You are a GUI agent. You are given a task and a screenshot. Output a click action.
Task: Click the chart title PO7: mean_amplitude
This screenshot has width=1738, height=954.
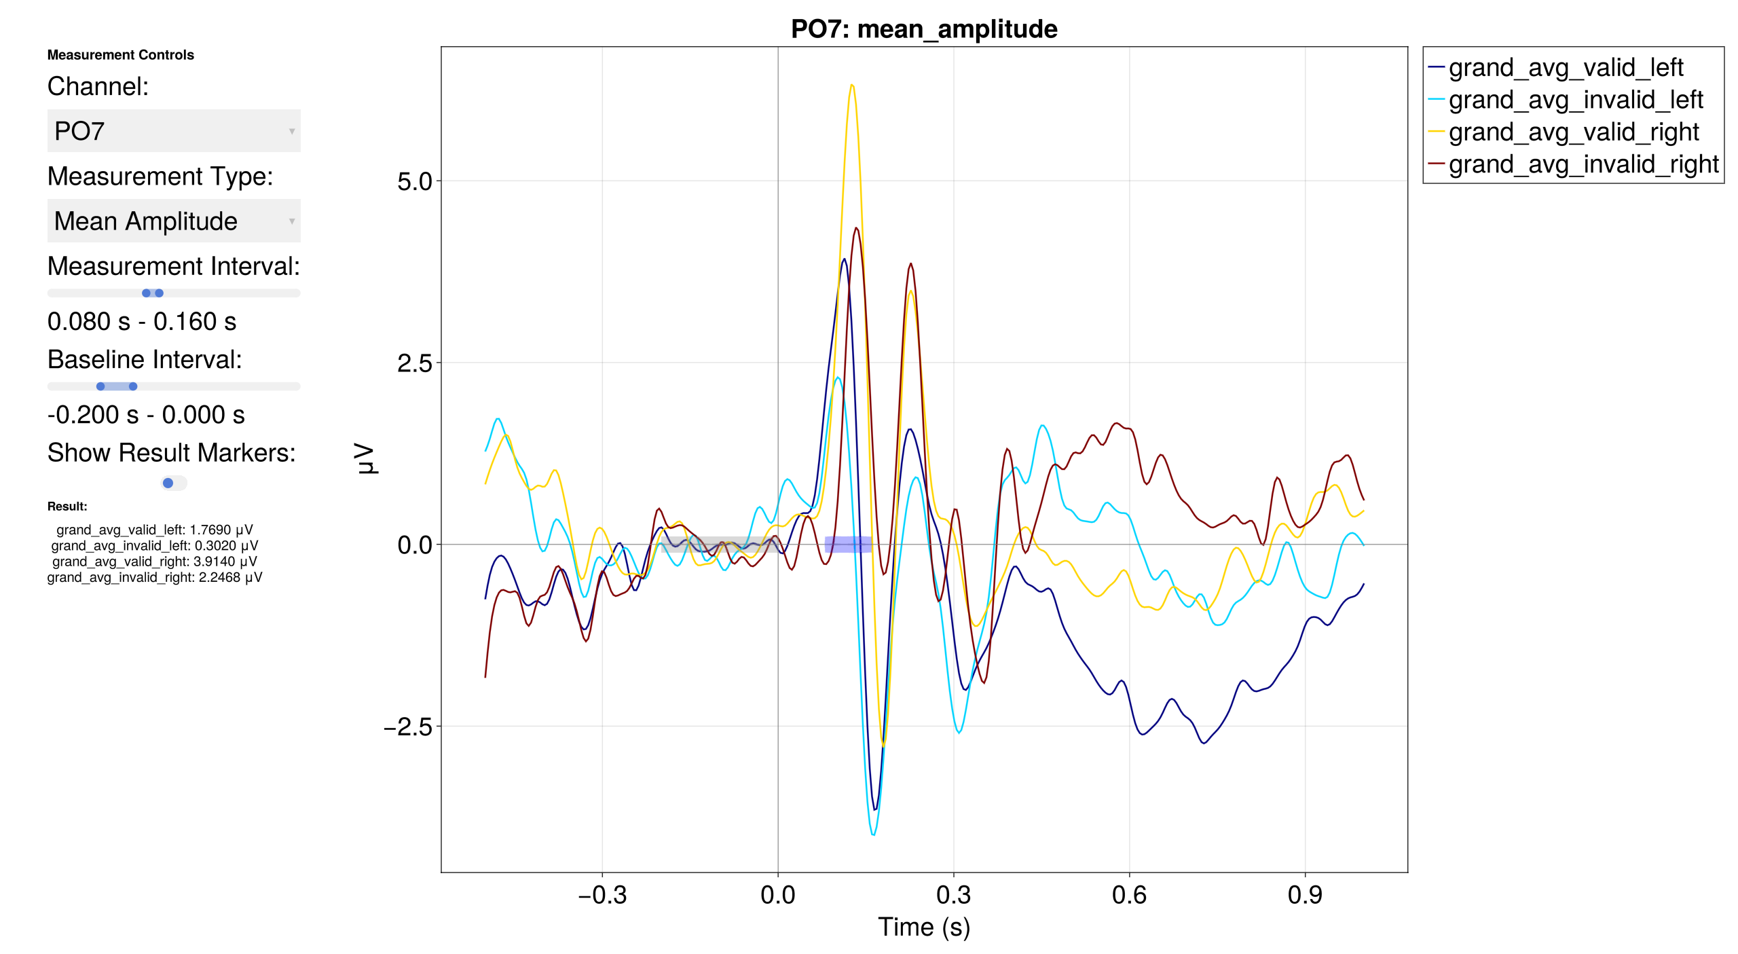point(923,29)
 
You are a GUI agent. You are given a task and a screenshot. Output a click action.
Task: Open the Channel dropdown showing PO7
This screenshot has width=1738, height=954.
point(173,131)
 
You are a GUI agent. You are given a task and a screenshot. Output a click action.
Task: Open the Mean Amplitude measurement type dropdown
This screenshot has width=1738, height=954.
point(173,221)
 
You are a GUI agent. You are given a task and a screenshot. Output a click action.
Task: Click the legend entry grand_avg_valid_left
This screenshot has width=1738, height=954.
point(1565,68)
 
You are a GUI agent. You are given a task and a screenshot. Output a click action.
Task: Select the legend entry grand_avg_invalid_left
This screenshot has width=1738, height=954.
point(1574,100)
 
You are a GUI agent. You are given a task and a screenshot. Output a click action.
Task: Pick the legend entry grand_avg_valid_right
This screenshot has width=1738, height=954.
point(1573,132)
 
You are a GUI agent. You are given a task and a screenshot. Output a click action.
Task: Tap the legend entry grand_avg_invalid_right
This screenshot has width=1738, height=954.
point(1583,164)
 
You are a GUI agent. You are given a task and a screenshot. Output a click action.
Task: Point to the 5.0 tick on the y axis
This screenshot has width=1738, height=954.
point(414,181)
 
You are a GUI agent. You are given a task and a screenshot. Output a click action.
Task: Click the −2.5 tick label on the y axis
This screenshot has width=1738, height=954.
point(408,727)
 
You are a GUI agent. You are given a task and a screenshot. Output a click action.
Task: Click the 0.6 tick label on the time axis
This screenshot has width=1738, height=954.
point(1129,895)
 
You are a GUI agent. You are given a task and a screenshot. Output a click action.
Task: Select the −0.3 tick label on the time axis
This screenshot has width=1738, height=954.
point(602,895)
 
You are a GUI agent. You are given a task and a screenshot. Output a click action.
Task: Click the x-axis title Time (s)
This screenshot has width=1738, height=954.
point(923,927)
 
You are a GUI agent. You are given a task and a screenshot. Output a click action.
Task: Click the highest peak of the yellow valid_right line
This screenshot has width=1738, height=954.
point(852,86)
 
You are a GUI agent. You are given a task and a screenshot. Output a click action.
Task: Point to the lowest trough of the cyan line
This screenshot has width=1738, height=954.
point(873,834)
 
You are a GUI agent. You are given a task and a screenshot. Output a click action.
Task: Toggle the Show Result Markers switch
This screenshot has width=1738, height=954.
point(173,483)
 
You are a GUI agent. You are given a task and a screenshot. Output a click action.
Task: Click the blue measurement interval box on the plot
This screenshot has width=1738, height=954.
point(848,544)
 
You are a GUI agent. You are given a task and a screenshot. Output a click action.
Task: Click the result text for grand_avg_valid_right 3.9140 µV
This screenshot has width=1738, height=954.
point(154,562)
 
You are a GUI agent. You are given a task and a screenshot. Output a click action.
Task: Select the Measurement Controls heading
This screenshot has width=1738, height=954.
point(120,55)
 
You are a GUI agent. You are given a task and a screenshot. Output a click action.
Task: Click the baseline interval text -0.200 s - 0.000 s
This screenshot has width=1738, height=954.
point(145,415)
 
